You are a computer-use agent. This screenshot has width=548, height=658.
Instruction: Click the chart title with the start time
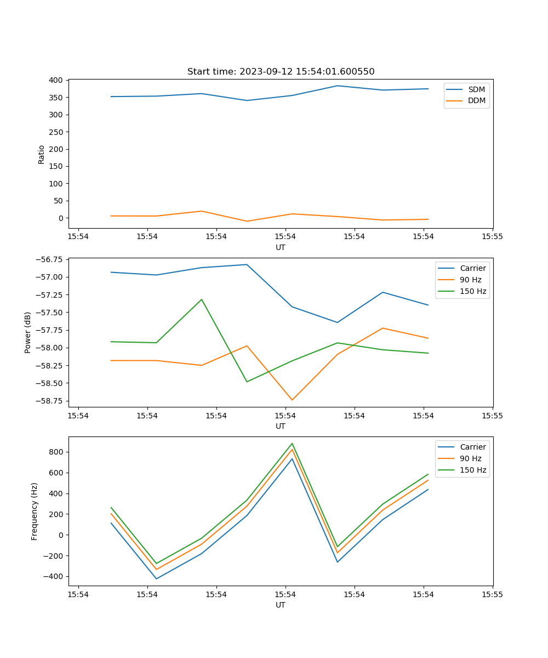click(281, 72)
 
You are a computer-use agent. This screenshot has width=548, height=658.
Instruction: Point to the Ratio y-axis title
click(42, 154)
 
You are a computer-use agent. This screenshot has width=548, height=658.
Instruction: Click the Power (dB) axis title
click(28, 332)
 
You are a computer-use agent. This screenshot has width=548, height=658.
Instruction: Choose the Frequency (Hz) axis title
click(35, 511)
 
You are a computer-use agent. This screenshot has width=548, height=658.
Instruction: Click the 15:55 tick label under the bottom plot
click(492, 594)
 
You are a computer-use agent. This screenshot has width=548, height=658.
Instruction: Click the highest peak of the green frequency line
click(292, 444)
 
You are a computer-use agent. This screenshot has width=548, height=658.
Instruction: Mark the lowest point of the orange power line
click(292, 400)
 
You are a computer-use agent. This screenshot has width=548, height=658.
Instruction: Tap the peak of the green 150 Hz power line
click(202, 299)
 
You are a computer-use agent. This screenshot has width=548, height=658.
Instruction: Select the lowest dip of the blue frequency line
click(156, 578)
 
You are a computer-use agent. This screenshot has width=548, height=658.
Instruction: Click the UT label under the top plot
click(281, 247)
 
